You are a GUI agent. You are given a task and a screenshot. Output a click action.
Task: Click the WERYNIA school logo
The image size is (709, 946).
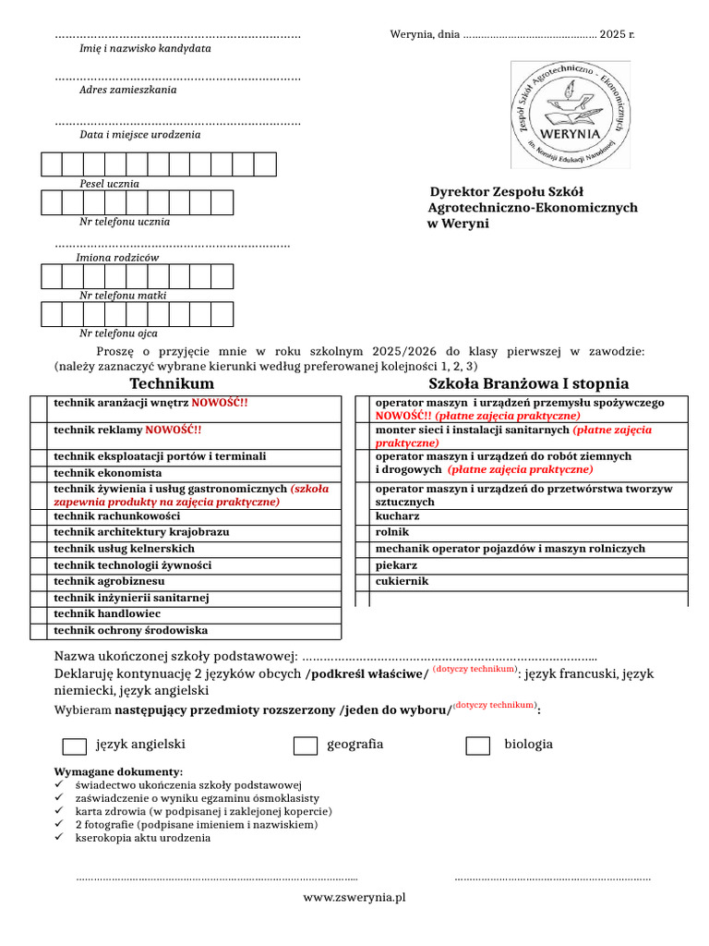click(x=571, y=115)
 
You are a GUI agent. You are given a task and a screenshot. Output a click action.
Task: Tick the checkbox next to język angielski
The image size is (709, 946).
click(x=75, y=746)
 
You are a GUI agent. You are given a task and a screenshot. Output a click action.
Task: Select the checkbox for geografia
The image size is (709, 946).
click(x=306, y=746)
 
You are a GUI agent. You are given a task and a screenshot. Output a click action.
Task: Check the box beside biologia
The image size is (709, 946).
click(x=477, y=746)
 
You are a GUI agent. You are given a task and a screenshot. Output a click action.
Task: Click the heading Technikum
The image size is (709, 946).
click(x=172, y=383)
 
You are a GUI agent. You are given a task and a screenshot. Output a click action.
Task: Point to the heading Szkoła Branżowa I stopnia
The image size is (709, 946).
click(x=528, y=383)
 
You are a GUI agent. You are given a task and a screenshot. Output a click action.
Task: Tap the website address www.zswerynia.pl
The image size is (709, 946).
click(x=354, y=896)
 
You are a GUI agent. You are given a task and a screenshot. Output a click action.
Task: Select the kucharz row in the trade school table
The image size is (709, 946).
click(x=398, y=516)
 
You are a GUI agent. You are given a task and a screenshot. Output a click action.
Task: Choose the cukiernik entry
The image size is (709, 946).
click(x=402, y=582)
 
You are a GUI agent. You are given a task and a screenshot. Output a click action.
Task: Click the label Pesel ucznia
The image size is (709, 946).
click(x=109, y=184)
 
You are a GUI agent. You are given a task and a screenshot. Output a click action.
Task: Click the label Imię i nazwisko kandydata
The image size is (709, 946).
click(x=145, y=48)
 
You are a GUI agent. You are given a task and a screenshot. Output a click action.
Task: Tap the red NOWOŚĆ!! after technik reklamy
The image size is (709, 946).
click(x=174, y=431)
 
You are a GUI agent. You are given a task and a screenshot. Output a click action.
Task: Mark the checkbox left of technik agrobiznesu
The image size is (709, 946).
click(x=38, y=582)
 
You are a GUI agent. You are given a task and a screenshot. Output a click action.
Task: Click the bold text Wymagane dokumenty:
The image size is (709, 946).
click(x=118, y=771)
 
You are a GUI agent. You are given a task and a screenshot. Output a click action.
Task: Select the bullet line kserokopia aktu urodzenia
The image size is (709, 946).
click(x=142, y=838)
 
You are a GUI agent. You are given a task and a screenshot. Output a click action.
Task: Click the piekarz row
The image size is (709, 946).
click(x=396, y=565)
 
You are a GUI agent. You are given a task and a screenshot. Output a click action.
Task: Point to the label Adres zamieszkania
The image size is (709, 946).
click(x=127, y=91)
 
